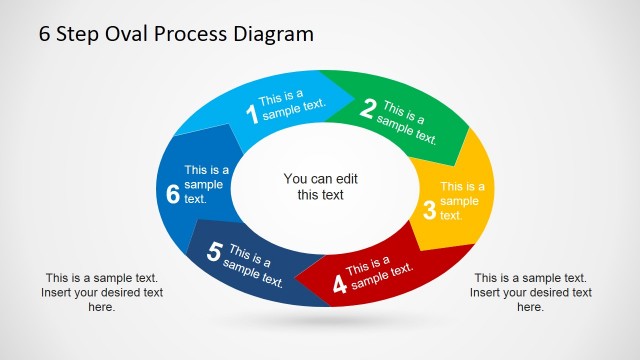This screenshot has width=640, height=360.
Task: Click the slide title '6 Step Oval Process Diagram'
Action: [x=176, y=34]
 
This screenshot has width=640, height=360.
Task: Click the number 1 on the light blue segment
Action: [x=251, y=113]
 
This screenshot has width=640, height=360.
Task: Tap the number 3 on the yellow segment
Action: [x=429, y=210]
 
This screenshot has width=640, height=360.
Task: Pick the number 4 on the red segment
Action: [x=339, y=284]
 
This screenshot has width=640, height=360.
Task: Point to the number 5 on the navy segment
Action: [x=214, y=253]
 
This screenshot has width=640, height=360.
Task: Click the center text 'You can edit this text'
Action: [x=320, y=187]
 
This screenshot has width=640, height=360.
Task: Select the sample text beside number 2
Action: [x=408, y=123]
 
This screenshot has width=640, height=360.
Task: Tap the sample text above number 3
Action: [x=462, y=200]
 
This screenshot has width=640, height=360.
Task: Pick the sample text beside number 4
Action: [x=379, y=272]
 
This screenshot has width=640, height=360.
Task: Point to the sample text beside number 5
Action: [x=253, y=264]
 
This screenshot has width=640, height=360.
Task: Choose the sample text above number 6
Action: [x=206, y=184]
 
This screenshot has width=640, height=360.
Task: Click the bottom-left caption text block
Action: [x=102, y=292]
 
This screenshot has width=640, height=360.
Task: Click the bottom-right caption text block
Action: [x=530, y=292]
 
